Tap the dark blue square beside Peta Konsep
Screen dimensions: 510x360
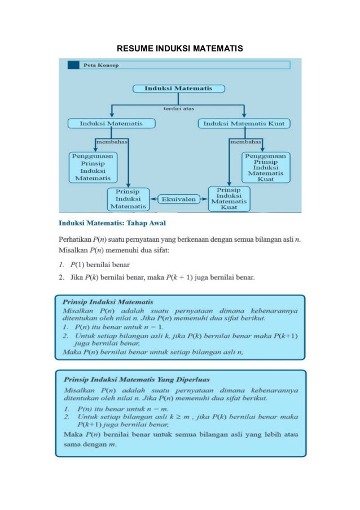(x=73, y=65)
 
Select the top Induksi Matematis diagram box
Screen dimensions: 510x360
(x=178, y=89)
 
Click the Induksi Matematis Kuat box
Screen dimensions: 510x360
(x=244, y=123)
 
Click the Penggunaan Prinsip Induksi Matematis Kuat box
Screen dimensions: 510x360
(x=266, y=167)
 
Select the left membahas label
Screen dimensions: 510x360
(x=112, y=141)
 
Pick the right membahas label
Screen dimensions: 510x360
(x=245, y=141)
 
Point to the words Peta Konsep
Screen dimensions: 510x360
(x=97, y=65)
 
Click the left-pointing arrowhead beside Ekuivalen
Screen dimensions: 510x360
(x=153, y=199)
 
